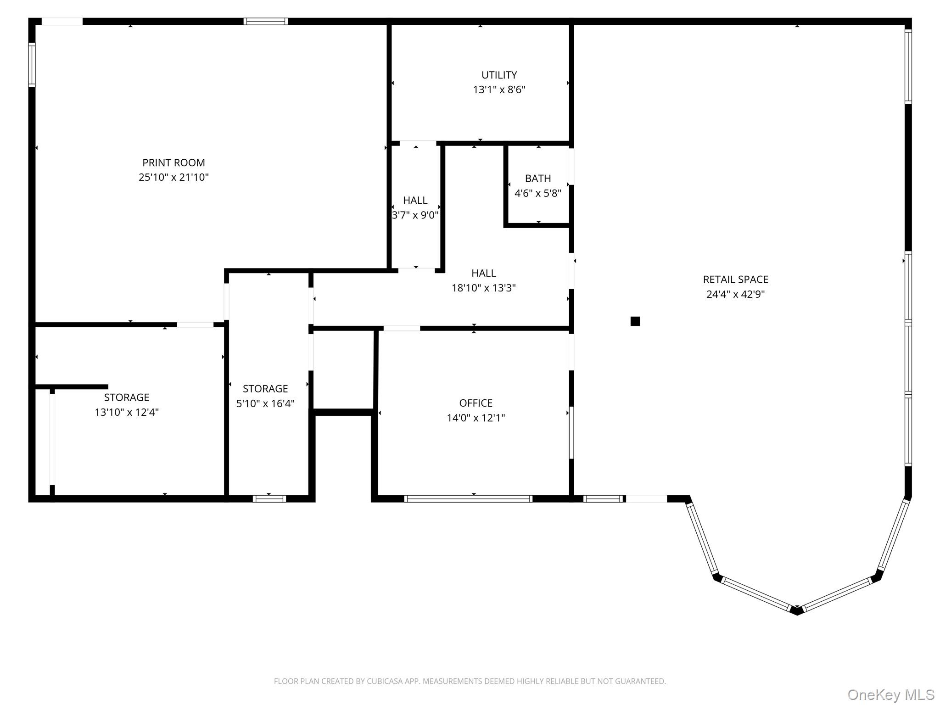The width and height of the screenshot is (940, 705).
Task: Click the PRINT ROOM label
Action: click(x=173, y=162)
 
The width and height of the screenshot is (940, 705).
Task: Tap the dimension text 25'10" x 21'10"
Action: click(x=173, y=177)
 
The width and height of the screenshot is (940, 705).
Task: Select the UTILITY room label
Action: click(x=499, y=75)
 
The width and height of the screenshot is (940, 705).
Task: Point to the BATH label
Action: click(x=538, y=178)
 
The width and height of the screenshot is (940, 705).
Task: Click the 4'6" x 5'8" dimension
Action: click(x=538, y=193)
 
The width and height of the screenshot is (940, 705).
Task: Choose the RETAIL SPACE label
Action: click(x=735, y=280)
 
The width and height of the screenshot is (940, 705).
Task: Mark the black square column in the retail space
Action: click(x=635, y=321)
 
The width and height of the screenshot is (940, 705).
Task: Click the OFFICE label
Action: click(x=476, y=403)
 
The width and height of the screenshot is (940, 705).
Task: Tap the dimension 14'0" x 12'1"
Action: click(x=476, y=418)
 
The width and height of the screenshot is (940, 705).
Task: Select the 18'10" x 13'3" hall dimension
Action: click(x=483, y=288)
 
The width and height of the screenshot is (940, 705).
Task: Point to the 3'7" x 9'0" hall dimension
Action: click(x=415, y=215)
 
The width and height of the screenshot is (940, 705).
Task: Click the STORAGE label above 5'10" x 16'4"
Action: click(x=265, y=389)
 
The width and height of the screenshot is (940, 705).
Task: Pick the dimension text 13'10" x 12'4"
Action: click(x=127, y=412)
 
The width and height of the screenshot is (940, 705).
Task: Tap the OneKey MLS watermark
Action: click(x=890, y=695)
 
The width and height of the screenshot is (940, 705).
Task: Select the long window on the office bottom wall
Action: click(x=468, y=499)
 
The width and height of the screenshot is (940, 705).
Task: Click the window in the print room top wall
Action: click(x=266, y=21)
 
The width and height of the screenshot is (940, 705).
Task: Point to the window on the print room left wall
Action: click(x=32, y=65)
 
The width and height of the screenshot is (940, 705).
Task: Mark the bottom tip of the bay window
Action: click(x=797, y=611)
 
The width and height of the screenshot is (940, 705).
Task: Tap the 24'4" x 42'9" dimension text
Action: click(x=735, y=294)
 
